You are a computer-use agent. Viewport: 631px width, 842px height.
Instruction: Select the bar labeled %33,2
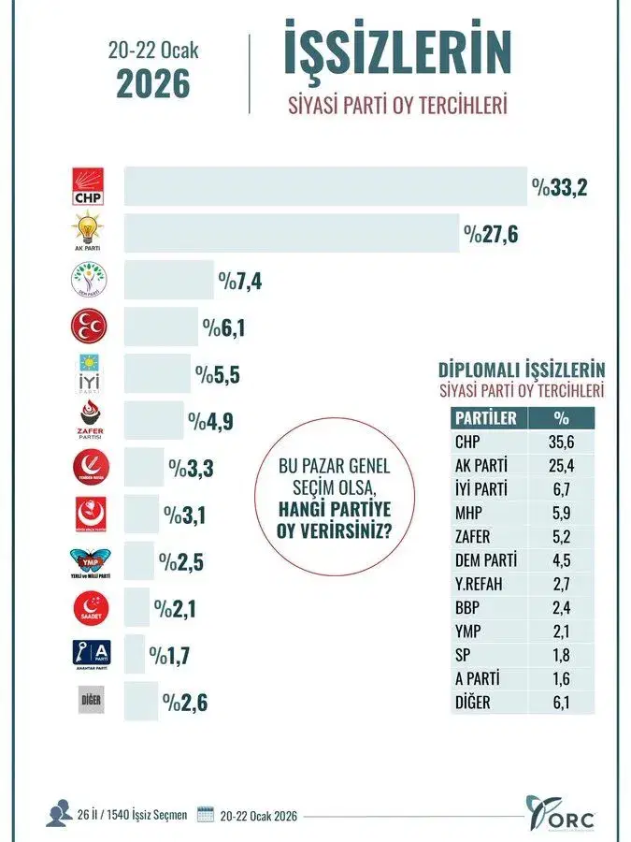point(325,186)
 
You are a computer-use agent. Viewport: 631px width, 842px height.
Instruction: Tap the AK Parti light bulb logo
point(89,232)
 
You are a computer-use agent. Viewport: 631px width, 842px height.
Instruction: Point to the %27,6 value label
point(491,233)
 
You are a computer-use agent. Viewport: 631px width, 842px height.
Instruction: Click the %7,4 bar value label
point(239,280)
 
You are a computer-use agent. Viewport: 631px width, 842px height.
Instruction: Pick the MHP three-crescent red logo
point(90,327)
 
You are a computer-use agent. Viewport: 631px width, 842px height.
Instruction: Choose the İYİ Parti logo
point(90,372)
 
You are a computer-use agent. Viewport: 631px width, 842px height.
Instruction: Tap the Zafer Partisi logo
point(90,420)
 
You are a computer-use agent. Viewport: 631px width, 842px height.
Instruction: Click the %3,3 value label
point(191,468)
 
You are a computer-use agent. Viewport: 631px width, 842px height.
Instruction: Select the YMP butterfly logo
point(90,561)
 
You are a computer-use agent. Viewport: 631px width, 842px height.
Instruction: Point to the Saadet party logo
point(90,608)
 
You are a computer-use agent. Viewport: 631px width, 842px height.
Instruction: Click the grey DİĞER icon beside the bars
point(90,701)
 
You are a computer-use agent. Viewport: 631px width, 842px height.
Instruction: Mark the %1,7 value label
point(171,654)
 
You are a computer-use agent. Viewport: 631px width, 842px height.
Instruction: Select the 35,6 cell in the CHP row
point(561,443)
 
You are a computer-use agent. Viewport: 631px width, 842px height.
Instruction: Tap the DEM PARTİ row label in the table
point(485,561)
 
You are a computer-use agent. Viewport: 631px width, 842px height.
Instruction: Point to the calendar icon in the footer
point(205,814)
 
